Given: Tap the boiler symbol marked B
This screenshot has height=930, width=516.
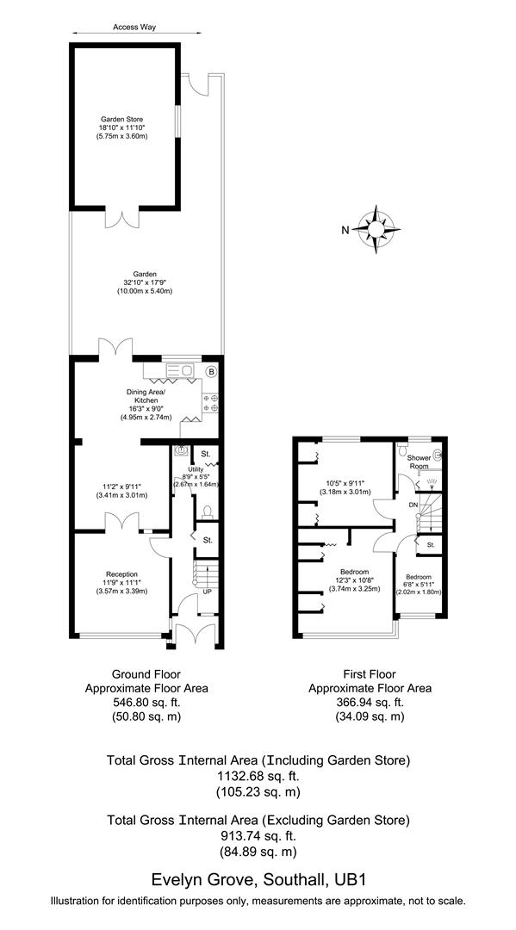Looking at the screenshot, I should click(211, 371).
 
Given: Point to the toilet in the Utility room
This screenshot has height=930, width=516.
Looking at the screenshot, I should click(204, 512).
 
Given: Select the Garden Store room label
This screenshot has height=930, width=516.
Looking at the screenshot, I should click(121, 120).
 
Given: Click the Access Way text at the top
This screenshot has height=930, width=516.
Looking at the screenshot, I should click(134, 27).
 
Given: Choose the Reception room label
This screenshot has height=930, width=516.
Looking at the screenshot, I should click(121, 573).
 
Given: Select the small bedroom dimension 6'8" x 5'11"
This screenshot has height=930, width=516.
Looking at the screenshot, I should click(419, 585).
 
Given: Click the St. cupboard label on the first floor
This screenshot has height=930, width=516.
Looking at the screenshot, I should click(430, 544).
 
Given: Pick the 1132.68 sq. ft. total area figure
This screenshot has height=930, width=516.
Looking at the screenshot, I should click(258, 776).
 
